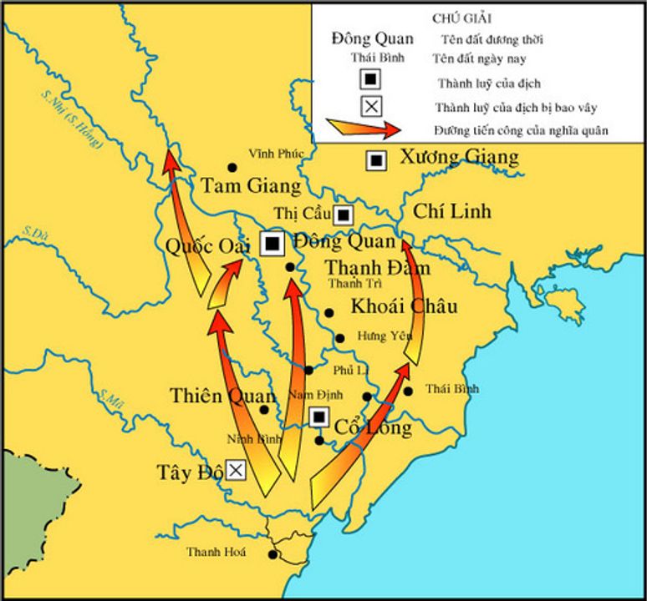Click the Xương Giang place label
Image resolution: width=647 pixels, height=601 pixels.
point(459,157)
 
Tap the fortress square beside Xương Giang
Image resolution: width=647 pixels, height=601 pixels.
point(377,159)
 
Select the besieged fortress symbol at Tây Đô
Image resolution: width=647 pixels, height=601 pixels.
point(237,471)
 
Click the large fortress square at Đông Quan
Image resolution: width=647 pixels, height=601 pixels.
point(272,243)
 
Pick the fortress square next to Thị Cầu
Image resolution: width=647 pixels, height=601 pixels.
point(344,215)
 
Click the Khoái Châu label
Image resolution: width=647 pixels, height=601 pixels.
point(404,306)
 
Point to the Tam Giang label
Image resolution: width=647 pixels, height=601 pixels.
point(238,185)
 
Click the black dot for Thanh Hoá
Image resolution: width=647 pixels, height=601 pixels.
point(273,553)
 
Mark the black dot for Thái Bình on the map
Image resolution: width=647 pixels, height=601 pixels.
point(408,391)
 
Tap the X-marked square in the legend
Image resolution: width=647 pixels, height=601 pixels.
point(372,106)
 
